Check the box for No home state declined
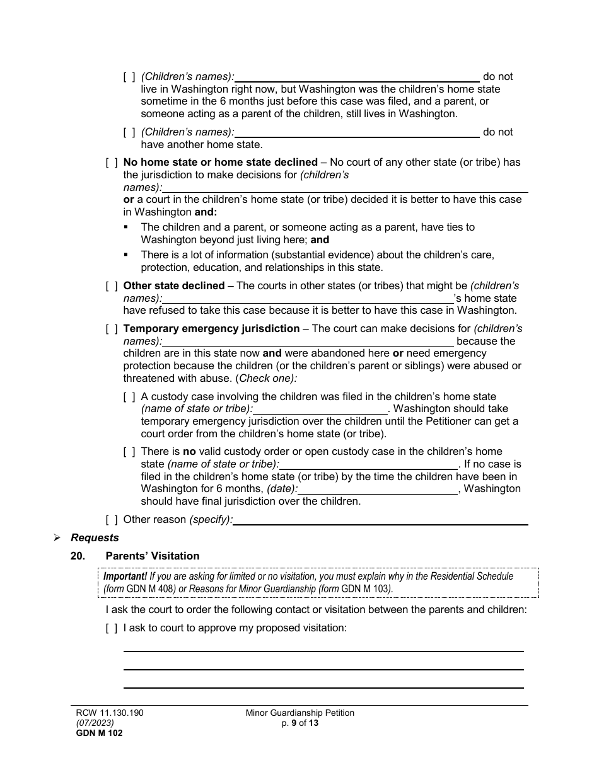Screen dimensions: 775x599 (112, 163)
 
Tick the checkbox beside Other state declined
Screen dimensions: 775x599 (112, 286)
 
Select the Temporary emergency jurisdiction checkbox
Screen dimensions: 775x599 (112, 329)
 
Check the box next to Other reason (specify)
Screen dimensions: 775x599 (112, 520)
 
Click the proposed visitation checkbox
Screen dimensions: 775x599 (112, 628)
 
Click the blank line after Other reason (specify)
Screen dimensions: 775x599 (380, 521)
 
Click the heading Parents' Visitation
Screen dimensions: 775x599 (152, 556)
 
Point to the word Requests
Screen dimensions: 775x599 (95, 538)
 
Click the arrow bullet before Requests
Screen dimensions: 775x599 (57, 538)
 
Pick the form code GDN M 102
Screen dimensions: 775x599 (95, 733)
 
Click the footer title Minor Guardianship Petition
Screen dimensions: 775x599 (300, 713)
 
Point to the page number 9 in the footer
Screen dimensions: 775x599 (293, 723)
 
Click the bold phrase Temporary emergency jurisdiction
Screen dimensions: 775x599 (211, 329)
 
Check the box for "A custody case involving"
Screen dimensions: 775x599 (129, 397)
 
